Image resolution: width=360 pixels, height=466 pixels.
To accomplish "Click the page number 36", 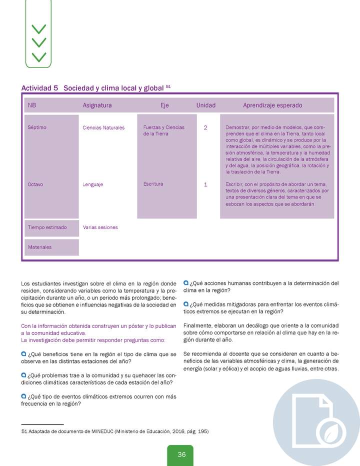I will (x=181, y=454).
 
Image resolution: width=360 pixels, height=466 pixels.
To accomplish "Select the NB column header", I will (x=32, y=105).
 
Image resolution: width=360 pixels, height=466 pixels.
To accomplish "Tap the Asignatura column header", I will (x=97, y=105).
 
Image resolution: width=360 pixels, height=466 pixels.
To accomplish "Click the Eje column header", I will (x=164, y=105).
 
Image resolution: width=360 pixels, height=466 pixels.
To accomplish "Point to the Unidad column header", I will (x=205, y=105).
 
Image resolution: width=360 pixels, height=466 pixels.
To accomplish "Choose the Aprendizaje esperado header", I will (x=272, y=105).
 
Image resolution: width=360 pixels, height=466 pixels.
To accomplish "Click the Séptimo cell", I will (x=37, y=127).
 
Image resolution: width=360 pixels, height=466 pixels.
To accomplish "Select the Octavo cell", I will (x=35, y=184).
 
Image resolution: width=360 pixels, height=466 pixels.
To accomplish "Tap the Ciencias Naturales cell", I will (x=103, y=127).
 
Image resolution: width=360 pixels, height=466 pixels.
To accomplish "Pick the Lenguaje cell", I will (x=93, y=184).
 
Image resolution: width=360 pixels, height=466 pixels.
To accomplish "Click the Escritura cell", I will (x=153, y=184).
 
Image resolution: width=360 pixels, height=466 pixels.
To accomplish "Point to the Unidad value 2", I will (x=205, y=127).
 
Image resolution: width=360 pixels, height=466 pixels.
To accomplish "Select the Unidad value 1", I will (x=205, y=184).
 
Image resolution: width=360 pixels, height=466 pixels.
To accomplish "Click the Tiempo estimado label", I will (x=47, y=227).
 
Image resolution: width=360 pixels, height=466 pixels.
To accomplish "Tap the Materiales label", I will (x=39, y=247).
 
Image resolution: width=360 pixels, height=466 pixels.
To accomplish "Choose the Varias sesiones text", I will (x=100, y=227).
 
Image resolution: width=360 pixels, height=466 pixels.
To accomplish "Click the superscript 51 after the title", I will (x=168, y=86).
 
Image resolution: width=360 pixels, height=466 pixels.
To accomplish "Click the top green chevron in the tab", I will (x=38, y=28).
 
